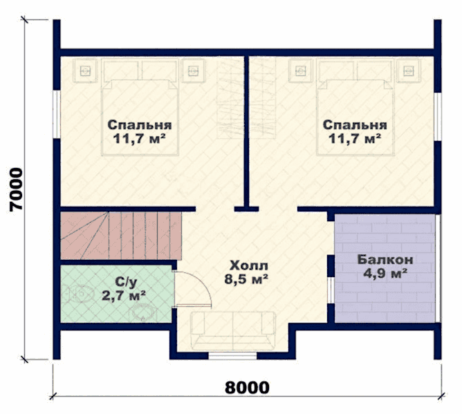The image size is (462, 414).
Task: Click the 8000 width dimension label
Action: pos(247,388)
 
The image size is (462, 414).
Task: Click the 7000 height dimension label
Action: pos(16,189)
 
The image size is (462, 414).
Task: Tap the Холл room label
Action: pos(249,265)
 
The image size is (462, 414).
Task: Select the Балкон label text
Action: pos(385,260)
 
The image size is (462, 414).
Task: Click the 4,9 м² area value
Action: pos(385,274)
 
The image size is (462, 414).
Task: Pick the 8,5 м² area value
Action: pos(246,279)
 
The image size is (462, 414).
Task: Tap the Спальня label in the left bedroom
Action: pos(140,125)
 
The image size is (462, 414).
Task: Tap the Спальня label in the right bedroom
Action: pos(355,125)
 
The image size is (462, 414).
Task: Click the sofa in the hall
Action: pos(233,330)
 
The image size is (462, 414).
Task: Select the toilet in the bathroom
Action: pos(80,294)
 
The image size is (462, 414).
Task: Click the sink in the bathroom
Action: pos(143,312)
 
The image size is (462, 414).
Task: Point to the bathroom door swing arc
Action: pos(203,283)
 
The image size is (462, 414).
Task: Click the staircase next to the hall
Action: pos(121,235)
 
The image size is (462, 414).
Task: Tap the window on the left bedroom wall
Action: pos(57,114)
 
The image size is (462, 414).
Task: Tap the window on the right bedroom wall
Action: pos(438,117)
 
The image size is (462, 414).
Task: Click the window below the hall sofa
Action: pos(233,355)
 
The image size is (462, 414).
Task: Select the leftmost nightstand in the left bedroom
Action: pos(85,70)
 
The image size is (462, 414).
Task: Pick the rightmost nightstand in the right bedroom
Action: pos(408,70)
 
